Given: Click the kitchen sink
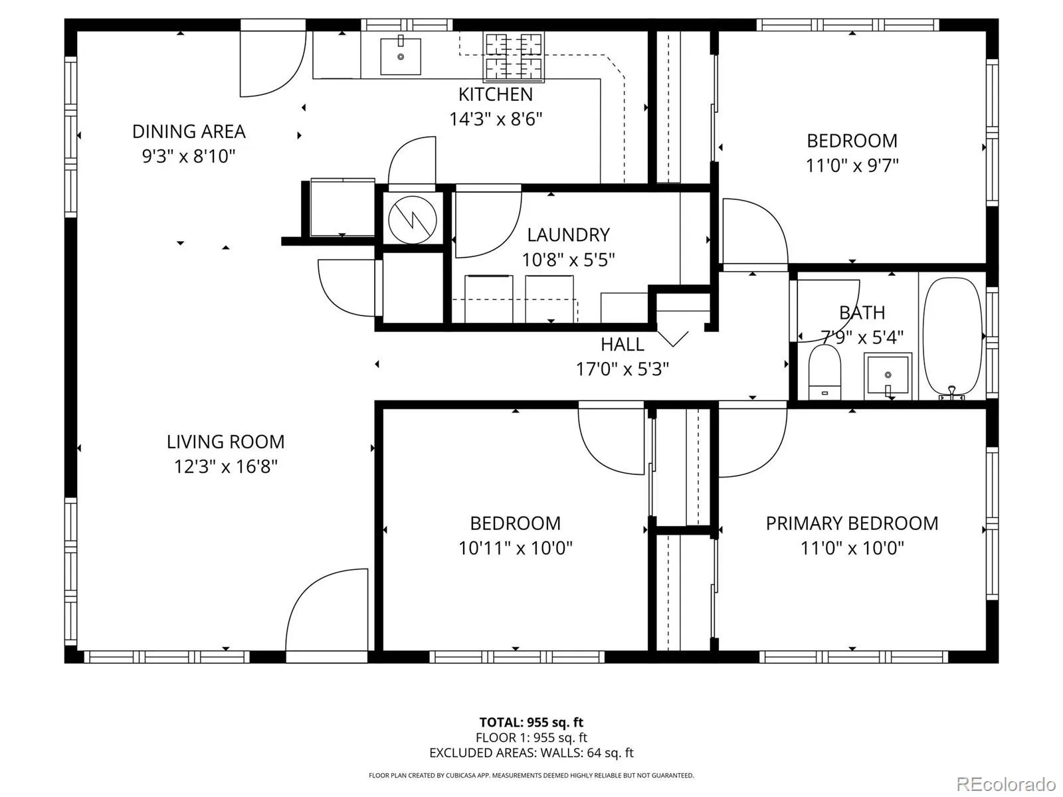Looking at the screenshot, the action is [400, 56].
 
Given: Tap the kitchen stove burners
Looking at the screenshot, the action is [514, 56].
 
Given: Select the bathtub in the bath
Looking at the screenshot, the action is [952, 338].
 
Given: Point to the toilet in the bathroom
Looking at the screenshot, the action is [824, 372].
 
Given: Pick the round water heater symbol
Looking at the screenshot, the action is [412, 221].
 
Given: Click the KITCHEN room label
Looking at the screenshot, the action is [496, 94].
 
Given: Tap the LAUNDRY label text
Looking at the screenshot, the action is [568, 235].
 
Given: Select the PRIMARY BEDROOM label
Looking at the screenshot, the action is [852, 523].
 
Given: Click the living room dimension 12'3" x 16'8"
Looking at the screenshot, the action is [226, 467].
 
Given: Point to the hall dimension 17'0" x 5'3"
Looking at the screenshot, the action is [623, 370].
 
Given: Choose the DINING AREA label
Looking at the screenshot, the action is [189, 132].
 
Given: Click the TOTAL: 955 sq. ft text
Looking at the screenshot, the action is [531, 723].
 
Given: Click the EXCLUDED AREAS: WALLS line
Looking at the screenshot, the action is [531, 753].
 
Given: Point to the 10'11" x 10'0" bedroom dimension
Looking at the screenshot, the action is [516, 549].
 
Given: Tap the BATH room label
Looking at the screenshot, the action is [862, 313].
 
